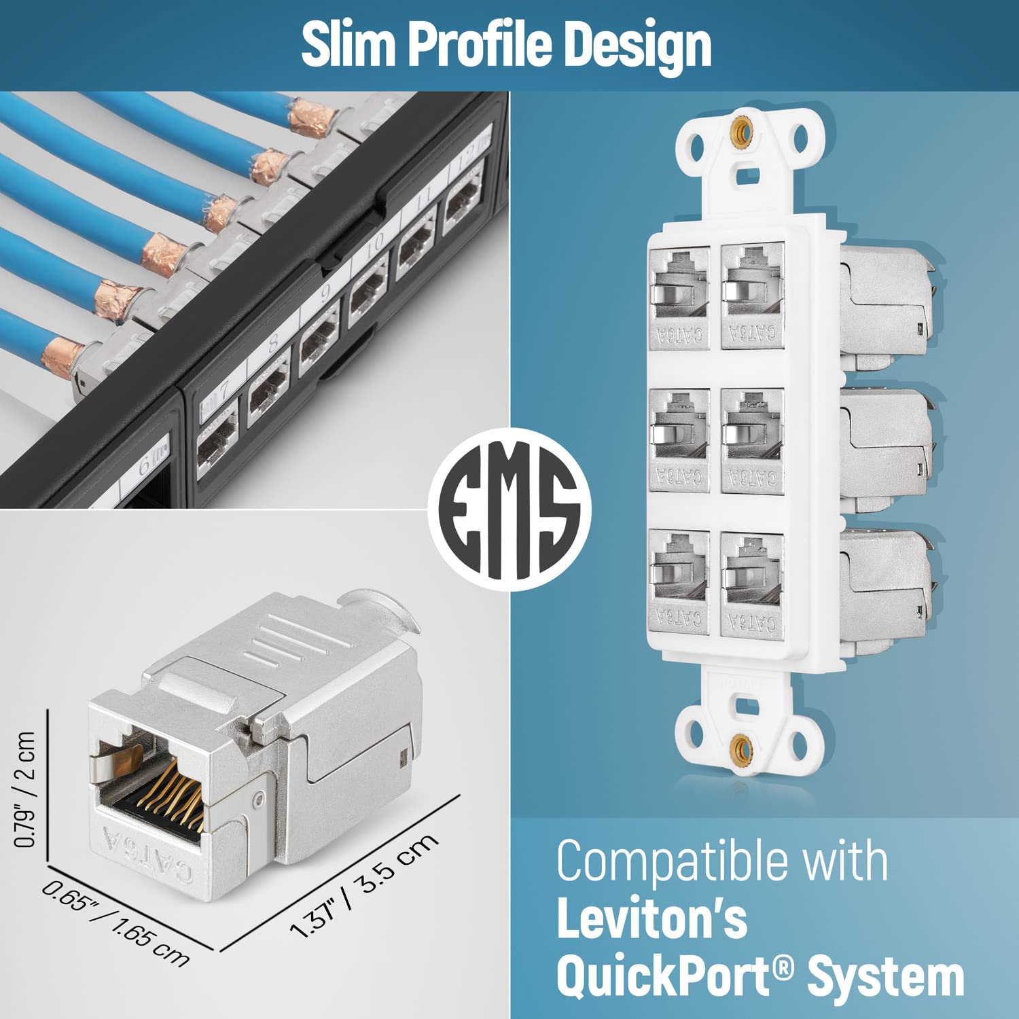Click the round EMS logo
(x=509, y=509)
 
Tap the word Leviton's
(x=651, y=919)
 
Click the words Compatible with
(x=722, y=861)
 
